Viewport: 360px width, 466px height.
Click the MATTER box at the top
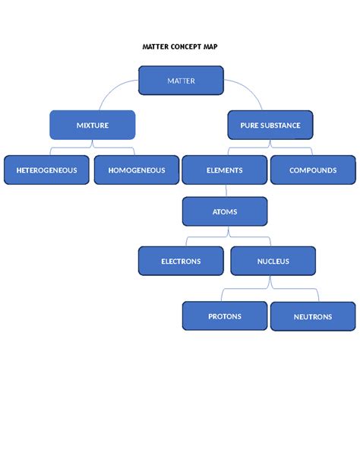181,81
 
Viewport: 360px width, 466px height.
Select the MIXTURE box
92,125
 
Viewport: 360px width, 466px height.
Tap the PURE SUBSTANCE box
270,125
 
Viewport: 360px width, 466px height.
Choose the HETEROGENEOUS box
46,170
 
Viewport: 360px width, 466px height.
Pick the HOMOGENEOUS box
136,170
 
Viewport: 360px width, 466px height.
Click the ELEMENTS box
225,170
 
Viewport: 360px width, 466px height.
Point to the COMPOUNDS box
313,170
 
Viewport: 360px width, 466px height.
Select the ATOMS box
225,212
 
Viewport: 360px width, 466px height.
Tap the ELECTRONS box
181,261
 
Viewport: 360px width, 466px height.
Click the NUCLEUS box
273,261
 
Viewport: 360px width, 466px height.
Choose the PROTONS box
225,316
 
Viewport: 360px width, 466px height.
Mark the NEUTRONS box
313,316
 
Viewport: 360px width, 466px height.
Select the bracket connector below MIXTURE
92,147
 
